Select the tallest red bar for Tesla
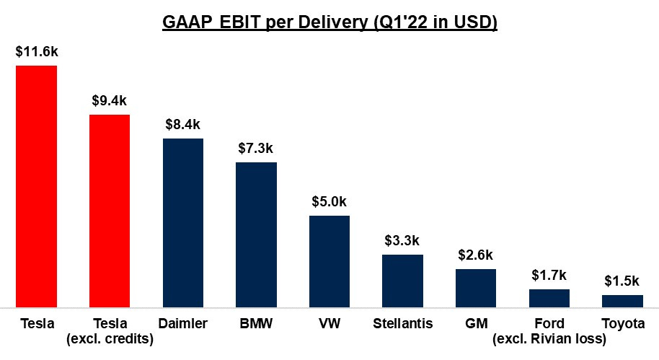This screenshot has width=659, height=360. point(37,188)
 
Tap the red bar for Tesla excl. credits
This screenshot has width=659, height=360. point(110,211)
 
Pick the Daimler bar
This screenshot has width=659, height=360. point(183,224)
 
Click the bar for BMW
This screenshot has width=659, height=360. point(256,235)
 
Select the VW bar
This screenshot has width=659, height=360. point(329,262)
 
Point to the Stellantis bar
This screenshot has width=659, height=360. point(402,281)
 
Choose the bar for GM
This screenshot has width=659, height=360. point(476,289)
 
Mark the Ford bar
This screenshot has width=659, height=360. point(549,299)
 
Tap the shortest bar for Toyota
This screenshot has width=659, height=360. point(622,302)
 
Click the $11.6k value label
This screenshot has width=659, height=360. point(37,53)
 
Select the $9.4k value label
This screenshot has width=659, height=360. point(110,101)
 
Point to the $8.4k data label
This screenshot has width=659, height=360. point(183,125)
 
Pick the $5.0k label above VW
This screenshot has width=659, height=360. point(329,202)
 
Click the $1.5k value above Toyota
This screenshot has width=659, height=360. point(622,281)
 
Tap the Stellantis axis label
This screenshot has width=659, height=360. point(402,324)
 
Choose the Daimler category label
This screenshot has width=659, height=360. point(183,324)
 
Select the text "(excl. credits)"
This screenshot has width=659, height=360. point(110,338)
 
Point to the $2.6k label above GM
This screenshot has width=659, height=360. point(476,255)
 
